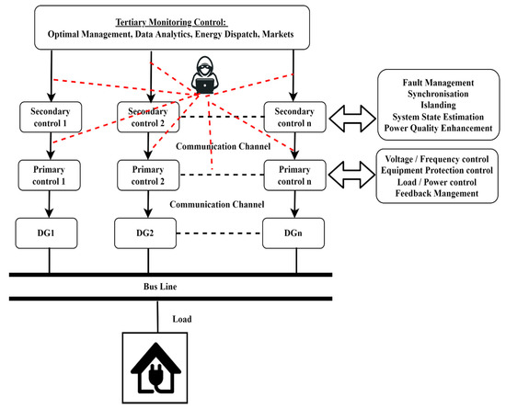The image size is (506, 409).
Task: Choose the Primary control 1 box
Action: [x=46, y=174]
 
